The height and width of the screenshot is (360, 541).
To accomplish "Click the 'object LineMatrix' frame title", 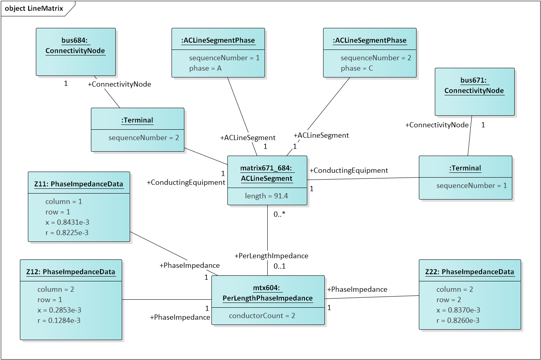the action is pyautogui.click(x=34, y=8).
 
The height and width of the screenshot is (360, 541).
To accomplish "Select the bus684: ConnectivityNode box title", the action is pyautogui.click(x=75, y=45).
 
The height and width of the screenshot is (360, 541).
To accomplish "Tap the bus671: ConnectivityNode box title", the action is pyautogui.click(x=474, y=85).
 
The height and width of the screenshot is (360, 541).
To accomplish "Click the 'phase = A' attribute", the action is pyautogui.click(x=205, y=68).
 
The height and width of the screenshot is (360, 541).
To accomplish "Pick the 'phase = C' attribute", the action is pyautogui.click(x=357, y=68).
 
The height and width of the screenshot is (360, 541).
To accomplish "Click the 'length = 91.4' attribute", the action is pyautogui.click(x=267, y=196).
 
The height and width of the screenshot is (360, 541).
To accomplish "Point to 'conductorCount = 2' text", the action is pyautogui.click(x=262, y=316).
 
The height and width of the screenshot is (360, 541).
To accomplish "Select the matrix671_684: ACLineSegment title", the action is pyautogui.click(x=267, y=173).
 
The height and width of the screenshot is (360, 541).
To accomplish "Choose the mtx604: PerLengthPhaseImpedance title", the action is pyautogui.click(x=268, y=293).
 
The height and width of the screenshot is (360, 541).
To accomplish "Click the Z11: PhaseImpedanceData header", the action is pyautogui.click(x=79, y=184).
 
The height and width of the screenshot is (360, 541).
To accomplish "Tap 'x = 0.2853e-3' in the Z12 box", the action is pyautogui.click(x=59, y=310).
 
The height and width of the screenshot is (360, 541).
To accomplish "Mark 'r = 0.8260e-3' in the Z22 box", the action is pyautogui.click(x=458, y=320).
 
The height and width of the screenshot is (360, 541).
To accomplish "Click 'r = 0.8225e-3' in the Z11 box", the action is pyautogui.click(x=67, y=232).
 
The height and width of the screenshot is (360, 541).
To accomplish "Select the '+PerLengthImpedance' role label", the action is pyautogui.click(x=271, y=255).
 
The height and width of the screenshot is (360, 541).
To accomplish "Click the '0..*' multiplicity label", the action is pyautogui.click(x=279, y=214).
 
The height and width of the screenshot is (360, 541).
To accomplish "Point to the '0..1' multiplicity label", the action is pyautogui.click(x=279, y=266).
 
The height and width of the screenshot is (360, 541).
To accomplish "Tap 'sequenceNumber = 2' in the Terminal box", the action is pyautogui.click(x=144, y=138).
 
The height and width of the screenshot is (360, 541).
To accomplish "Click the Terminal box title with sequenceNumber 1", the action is pyautogui.click(x=465, y=168).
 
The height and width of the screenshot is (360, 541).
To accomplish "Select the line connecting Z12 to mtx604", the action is pyautogui.click(x=167, y=300).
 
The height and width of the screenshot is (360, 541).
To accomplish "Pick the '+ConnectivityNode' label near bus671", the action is pyautogui.click(x=437, y=125).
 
